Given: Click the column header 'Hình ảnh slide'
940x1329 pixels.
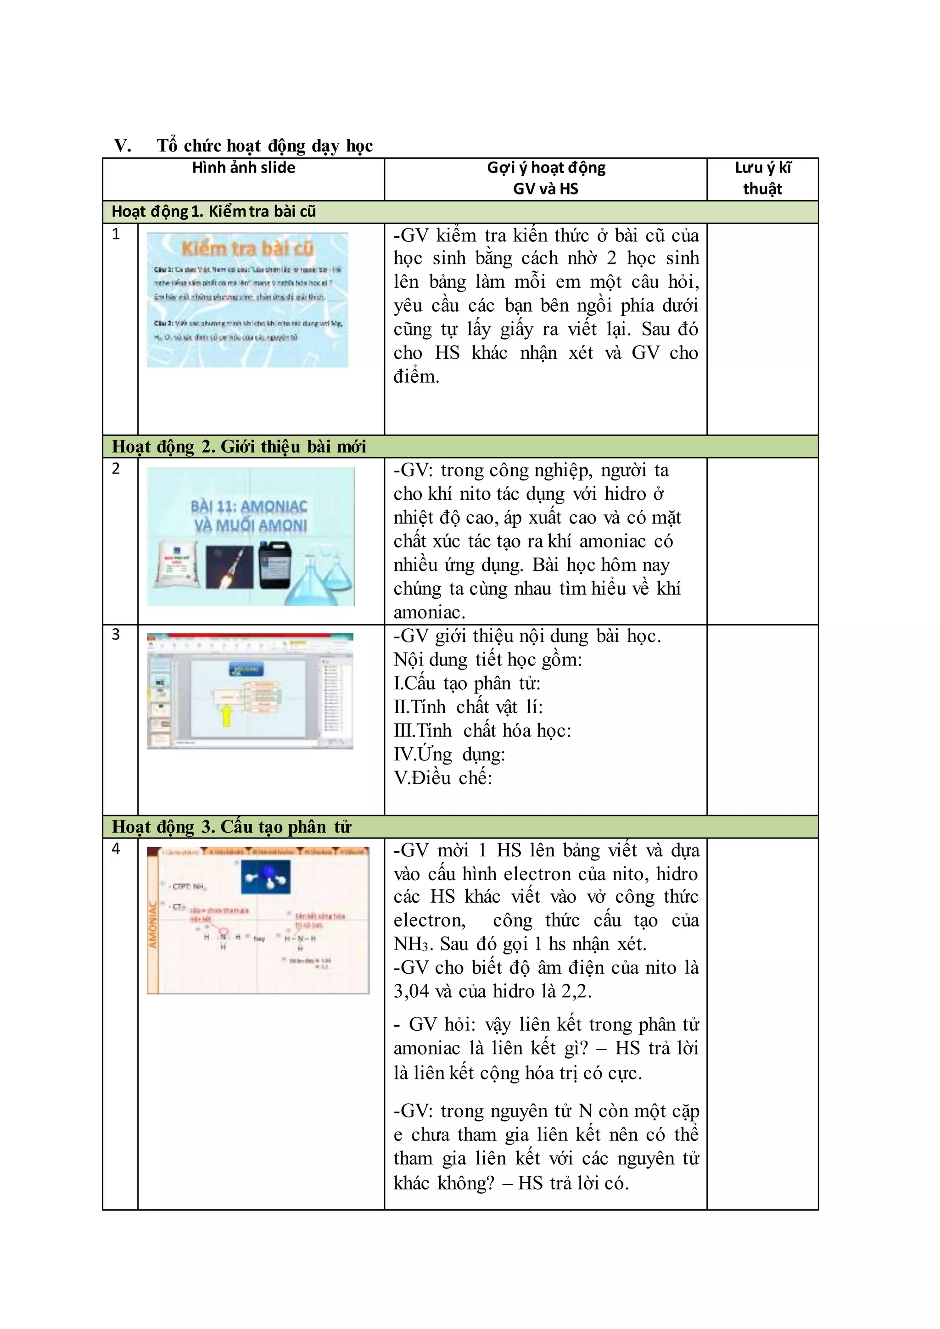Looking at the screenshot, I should tap(244, 168).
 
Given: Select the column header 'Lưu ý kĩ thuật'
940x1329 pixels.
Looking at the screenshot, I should tap(762, 178).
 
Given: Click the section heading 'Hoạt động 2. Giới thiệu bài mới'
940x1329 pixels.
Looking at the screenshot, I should tap(239, 446).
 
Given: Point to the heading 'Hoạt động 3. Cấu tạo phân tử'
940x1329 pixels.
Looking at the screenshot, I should tap(231, 826).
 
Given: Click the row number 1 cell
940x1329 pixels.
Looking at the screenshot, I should tap(116, 235).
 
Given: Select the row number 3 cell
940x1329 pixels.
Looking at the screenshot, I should tap(116, 634).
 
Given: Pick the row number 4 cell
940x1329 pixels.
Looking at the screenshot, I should tap(116, 849).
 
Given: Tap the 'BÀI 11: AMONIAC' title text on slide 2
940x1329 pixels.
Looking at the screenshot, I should tap(249, 507).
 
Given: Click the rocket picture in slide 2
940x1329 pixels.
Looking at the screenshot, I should tap(230, 567).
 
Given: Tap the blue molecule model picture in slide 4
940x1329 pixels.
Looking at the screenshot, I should tap(266, 877).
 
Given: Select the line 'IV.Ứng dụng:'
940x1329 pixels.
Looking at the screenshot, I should tap(449, 754).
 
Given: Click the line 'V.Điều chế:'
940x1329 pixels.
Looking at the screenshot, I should tap(443, 778).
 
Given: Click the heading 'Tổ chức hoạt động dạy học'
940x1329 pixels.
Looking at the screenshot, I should tap(264, 145).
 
